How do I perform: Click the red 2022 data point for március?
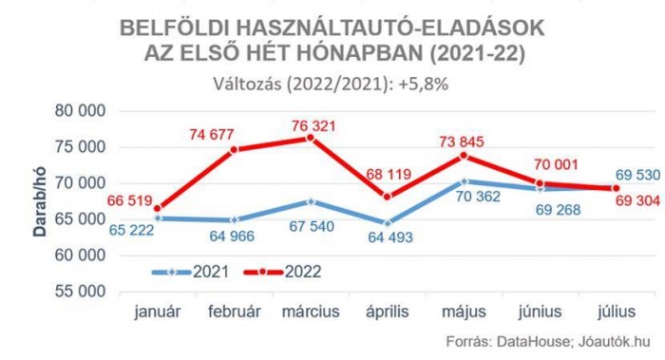coord(312,138)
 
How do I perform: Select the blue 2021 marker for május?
coord(465,180)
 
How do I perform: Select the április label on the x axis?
coord(388,311)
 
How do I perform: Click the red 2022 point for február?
coord(235,149)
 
